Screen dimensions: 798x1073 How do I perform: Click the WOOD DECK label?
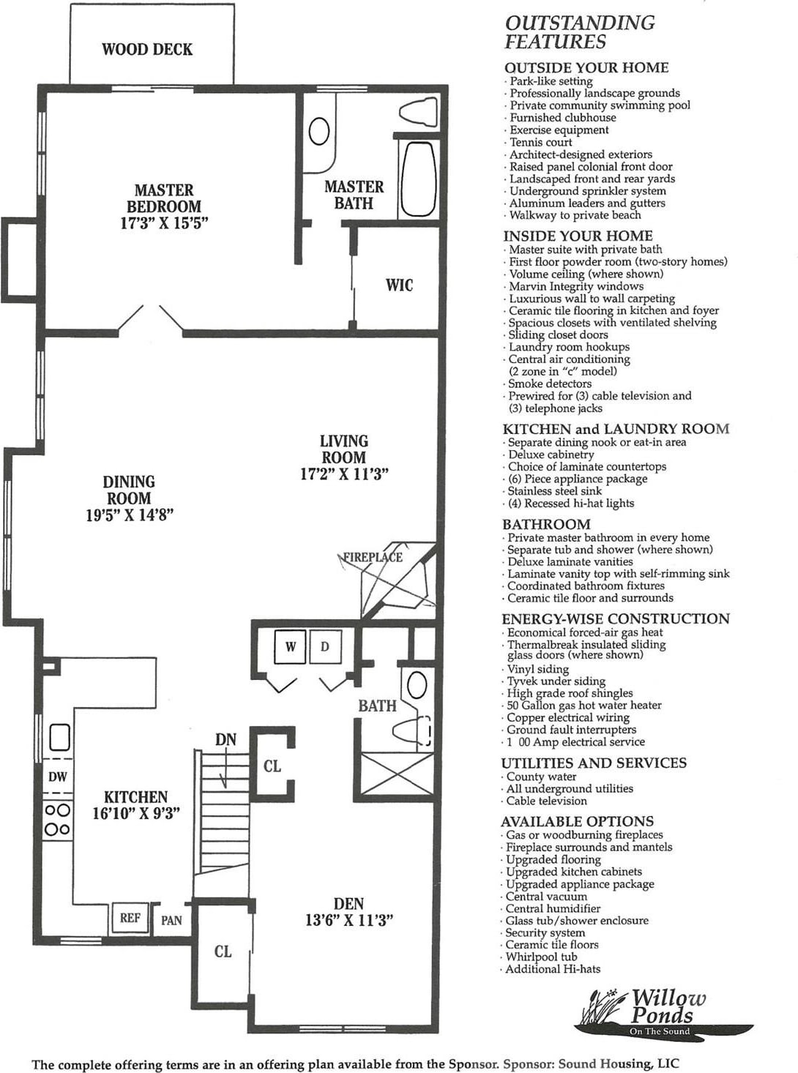tap(147, 50)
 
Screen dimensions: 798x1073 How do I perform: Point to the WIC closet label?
tap(399, 285)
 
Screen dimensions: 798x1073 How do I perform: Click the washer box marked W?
tap(291, 647)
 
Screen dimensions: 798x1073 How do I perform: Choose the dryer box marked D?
tap(325, 647)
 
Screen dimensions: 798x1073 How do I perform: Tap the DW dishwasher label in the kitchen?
tap(58, 777)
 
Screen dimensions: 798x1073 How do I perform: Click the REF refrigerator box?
tap(130, 918)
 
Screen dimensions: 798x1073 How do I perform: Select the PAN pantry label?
tap(171, 921)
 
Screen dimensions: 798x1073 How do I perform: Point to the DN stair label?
tap(225, 740)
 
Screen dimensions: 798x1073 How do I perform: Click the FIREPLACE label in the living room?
tap(373, 557)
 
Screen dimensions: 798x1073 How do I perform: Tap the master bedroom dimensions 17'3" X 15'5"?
tap(164, 223)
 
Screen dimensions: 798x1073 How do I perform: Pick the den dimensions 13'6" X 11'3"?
tap(349, 920)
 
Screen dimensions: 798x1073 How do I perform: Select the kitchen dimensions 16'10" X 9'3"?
tap(136, 813)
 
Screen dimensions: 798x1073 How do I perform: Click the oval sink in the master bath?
tap(319, 132)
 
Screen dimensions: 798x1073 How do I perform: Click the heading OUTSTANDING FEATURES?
tap(579, 32)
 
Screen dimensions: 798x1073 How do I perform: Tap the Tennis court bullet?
tap(540, 142)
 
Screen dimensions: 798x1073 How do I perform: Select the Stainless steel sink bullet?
tap(554, 491)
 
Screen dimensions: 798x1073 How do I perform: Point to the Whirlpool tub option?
tap(541, 957)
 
